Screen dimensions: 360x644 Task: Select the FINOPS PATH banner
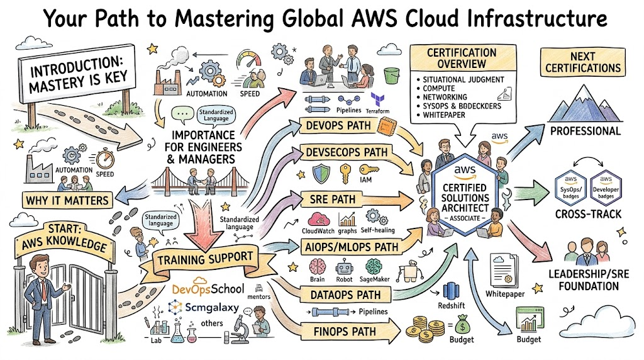click(x=344, y=331)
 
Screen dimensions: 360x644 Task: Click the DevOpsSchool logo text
click(x=203, y=289)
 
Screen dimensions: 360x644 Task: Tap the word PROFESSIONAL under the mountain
click(x=585, y=131)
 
